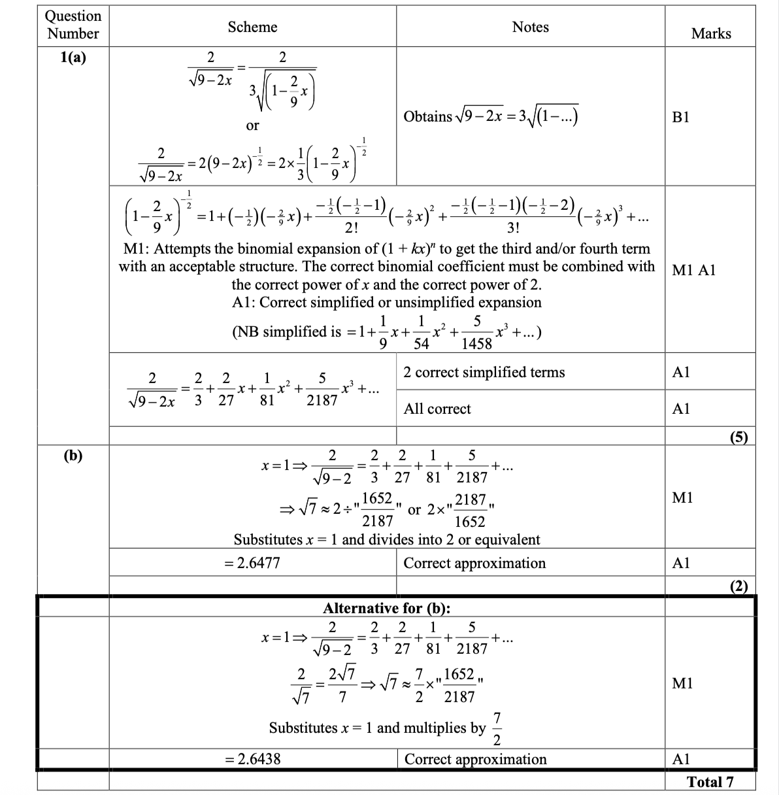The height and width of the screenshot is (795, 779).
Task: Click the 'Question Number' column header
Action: pyautogui.click(x=73, y=25)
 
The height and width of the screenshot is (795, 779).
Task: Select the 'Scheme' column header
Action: pyautogui.click(x=252, y=27)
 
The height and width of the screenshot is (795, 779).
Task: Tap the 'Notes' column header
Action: pyautogui.click(x=530, y=27)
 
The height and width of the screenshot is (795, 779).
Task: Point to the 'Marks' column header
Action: pyautogui.click(x=710, y=33)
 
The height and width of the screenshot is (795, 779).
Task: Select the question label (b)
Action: pyautogui.click(x=73, y=456)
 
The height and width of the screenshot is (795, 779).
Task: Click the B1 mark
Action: pyautogui.click(x=680, y=117)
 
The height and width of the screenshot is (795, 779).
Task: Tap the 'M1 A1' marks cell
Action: pyautogui.click(x=693, y=270)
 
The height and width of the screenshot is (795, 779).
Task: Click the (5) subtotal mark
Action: pyautogui.click(x=738, y=437)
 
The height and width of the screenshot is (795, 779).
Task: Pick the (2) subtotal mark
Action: pyautogui.click(x=738, y=586)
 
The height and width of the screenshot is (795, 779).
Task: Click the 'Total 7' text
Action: pyautogui.click(x=710, y=782)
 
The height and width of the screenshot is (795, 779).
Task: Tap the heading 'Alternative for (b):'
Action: pyautogui.click(x=387, y=608)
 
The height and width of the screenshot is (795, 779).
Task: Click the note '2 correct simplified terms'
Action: pyautogui.click(x=484, y=372)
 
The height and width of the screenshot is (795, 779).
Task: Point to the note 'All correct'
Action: pyautogui.click(x=437, y=409)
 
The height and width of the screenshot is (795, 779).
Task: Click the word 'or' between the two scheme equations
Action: pyautogui.click(x=252, y=125)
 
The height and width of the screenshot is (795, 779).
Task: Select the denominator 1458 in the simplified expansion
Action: pyautogui.click(x=476, y=342)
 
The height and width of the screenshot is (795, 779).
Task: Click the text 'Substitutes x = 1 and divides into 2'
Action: pyautogui.click(x=387, y=539)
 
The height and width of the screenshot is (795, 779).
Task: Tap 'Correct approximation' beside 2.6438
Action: pyautogui.click(x=475, y=759)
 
